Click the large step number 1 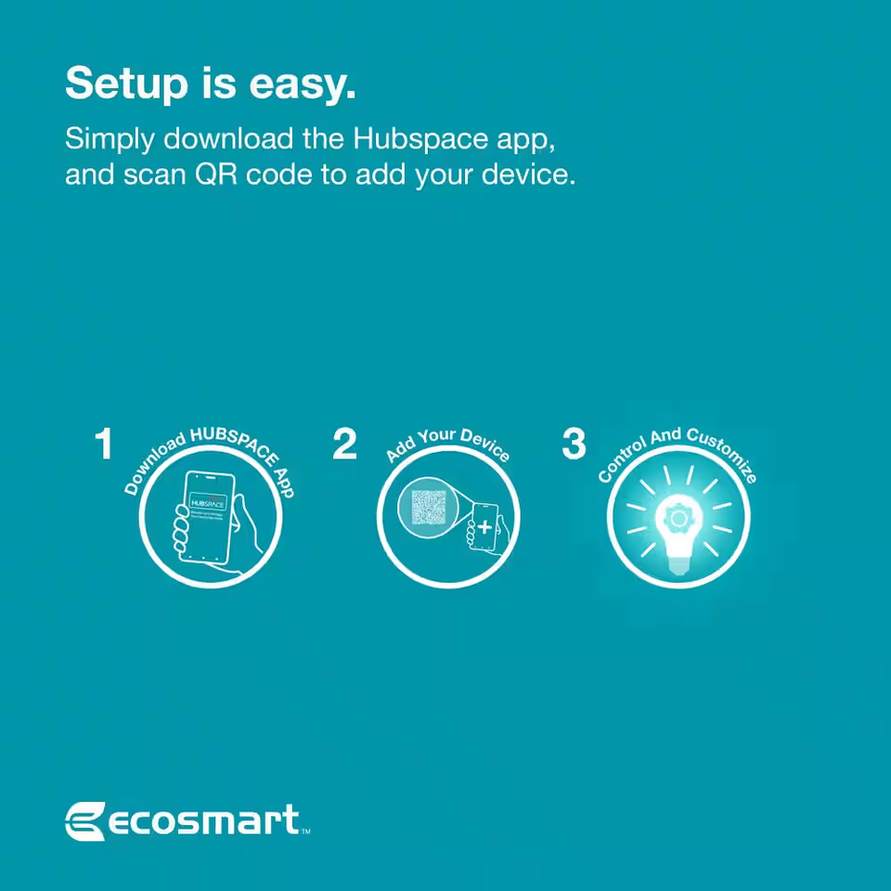pos(104,445)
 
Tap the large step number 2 pos(344,445)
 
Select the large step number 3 pos(575,445)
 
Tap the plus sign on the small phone pos(484,526)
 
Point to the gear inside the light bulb pos(678,515)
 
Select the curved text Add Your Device pos(448,445)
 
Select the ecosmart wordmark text pos(205,821)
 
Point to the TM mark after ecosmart pos(305,833)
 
